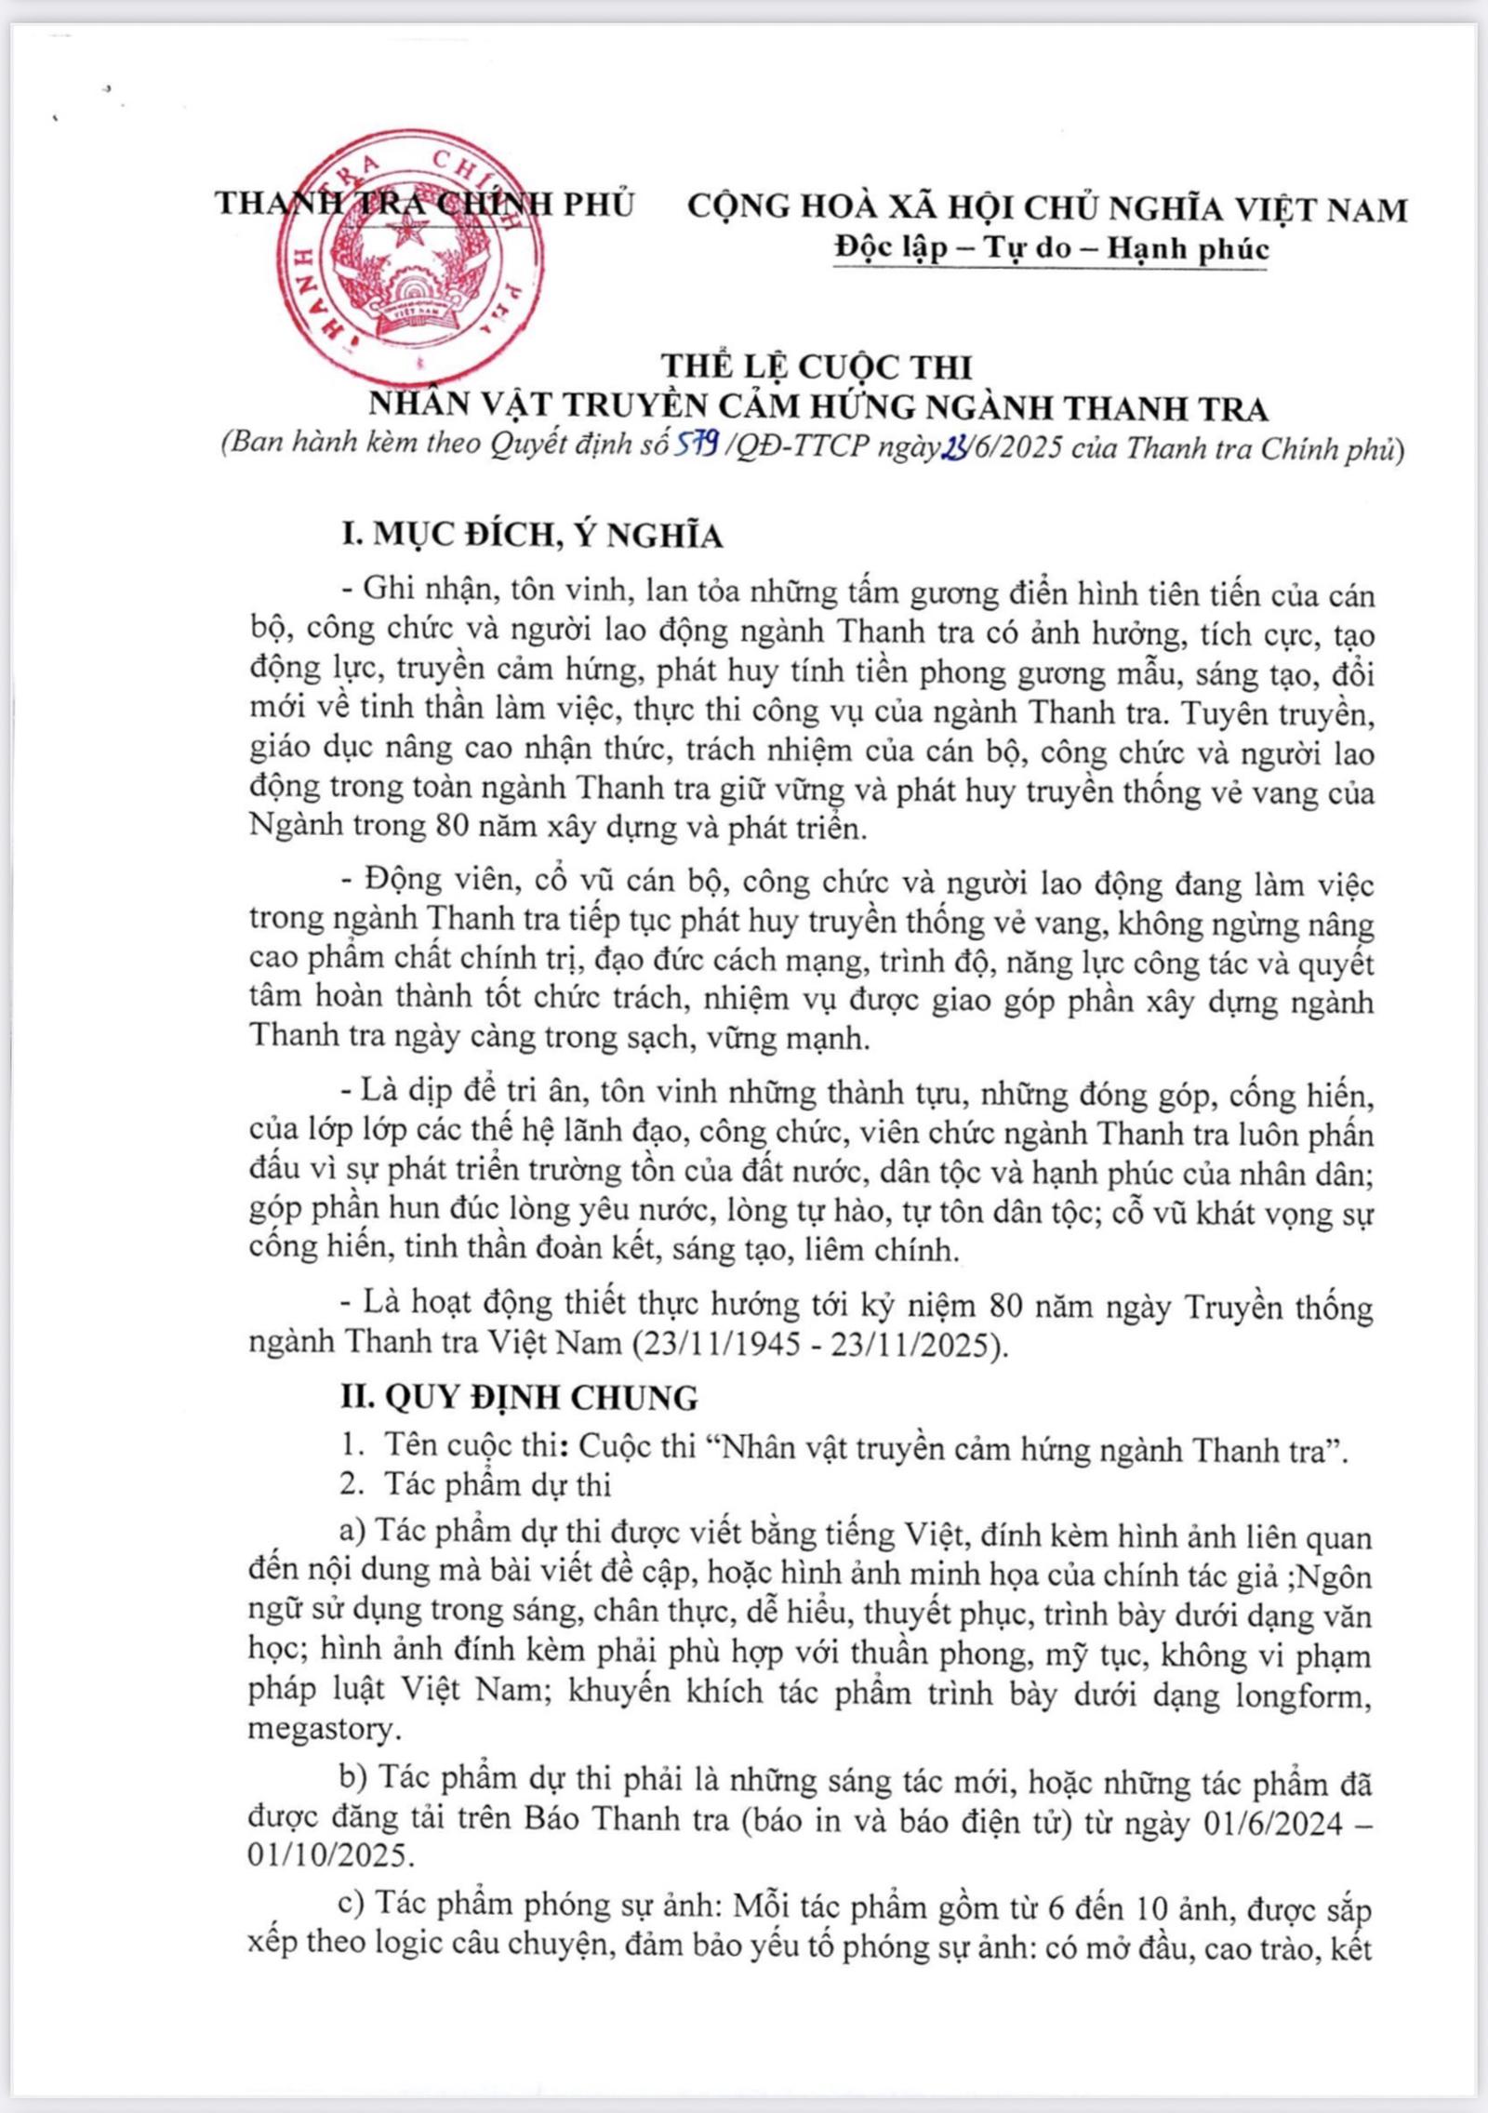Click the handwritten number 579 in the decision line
point(696,447)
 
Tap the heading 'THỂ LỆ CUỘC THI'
point(830,366)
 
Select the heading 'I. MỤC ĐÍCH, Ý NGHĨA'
point(533,535)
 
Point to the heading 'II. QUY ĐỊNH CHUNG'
point(519,1397)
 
